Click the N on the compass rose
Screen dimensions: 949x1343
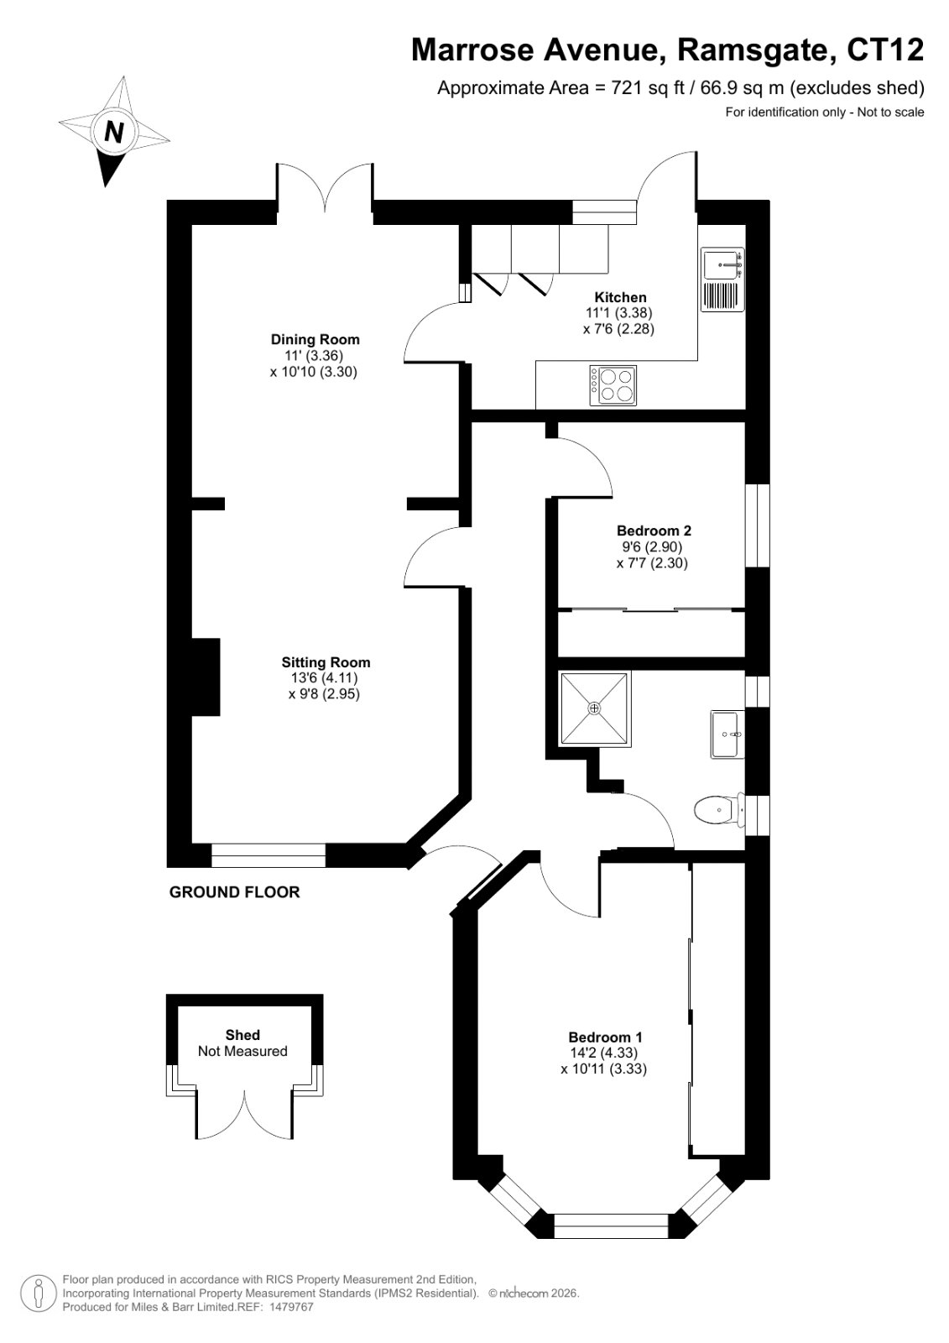pos(114,131)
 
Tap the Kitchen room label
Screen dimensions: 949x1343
pos(620,297)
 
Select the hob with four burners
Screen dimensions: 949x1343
pos(613,385)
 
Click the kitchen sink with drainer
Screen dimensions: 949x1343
pos(723,280)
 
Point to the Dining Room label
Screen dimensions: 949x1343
pos(315,339)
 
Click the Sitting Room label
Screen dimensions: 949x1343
pos(326,662)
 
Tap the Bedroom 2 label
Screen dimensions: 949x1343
pos(654,530)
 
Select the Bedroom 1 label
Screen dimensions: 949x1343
pos(605,1037)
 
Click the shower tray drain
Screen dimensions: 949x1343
pos(594,708)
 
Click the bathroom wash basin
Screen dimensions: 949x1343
pos(727,734)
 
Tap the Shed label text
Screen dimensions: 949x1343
pos(242,1035)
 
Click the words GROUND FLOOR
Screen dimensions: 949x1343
pos(234,892)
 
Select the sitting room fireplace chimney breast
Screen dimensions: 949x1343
pos(205,677)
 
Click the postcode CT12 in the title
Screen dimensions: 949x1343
pos(885,50)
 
